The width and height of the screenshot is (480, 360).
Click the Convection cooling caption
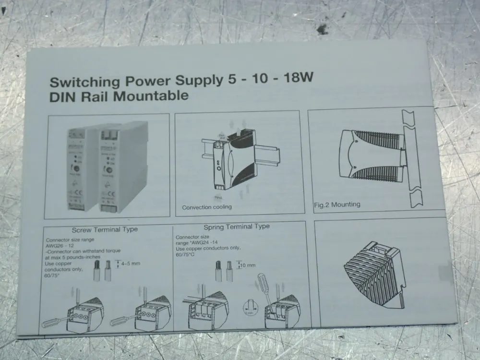pos(206,207)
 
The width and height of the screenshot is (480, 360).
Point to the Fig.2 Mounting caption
pos(336,204)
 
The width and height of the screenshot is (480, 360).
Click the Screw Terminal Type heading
pos(104,229)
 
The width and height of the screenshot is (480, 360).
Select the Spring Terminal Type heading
pos(236,227)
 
